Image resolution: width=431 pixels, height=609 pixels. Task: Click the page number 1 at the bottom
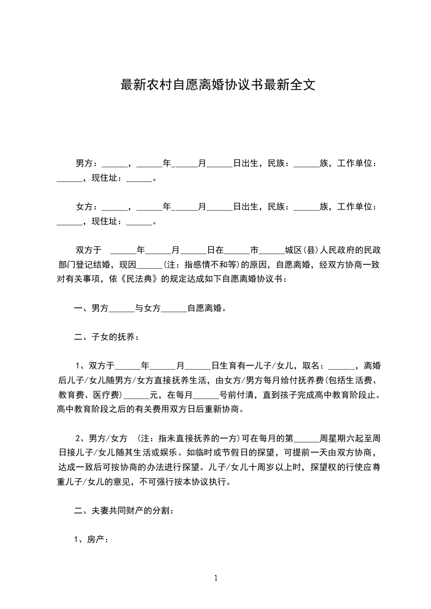tap(216, 578)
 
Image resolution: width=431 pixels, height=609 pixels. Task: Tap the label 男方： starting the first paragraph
tap(87, 163)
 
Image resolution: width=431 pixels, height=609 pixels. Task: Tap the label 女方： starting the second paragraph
tap(87, 207)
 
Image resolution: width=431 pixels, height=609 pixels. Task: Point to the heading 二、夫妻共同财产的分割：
tap(123, 511)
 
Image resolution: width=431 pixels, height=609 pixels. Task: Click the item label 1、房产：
tap(91, 540)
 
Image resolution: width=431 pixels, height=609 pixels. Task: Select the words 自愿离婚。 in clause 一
tap(207, 308)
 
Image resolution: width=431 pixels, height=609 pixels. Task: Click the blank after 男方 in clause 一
tap(122, 308)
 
